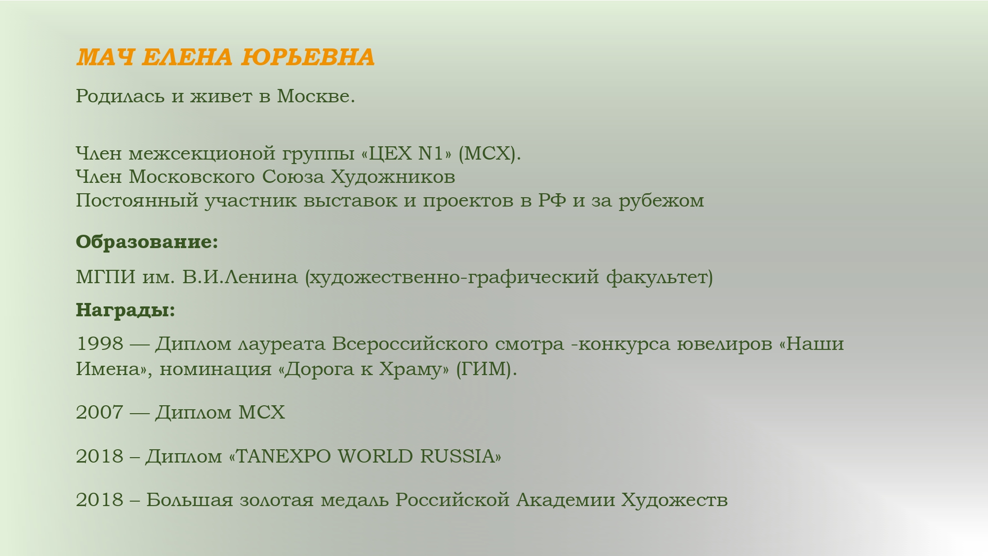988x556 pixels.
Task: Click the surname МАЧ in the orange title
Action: click(x=105, y=57)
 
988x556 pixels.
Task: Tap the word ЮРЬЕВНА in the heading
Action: click(x=308, y=57)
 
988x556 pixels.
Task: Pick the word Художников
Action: click(x=393, y=176)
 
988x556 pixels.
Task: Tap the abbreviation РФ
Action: click(x=552, y=200)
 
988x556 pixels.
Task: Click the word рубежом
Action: click(x=661, y=201)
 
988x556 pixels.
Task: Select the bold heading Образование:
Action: click(x=147, y=242)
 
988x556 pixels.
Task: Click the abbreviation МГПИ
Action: click(x=106, y=277)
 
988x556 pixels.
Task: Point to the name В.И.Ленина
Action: click(x=240, y=277)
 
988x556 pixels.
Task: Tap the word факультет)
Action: click(x=659, y=277)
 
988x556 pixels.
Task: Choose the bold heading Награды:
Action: click(x=125, y=310)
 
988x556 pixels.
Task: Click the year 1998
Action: click(x=100, y=343)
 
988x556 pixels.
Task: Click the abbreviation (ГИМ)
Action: click(x=486, y=369)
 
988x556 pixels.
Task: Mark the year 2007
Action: click(x=100, y=412)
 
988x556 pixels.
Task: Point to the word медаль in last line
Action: click(x=355, y=500)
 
